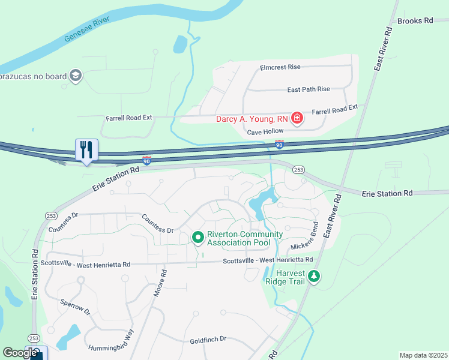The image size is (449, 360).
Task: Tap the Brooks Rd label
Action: pyautogui.click(x=415, y=20)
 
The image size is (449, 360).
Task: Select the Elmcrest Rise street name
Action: pyautogui.click(x=280, y=68)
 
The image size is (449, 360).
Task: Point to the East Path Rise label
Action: pyautogui.click(x=309, y=89)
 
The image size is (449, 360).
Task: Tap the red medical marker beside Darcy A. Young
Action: pyautogui.click(x=297, y=119)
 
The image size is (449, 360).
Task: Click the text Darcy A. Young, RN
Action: pyautogui.click(x=252, y=119)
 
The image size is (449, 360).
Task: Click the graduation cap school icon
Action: pyautogui.click(x=76, y=76)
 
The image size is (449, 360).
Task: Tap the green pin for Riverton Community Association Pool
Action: pyautogui.click(x=197, y=238)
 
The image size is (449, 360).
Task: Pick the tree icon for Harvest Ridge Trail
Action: pyautogui.click(x=314, y=277)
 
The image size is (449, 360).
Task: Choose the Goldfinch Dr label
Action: pyautogui.click(x=208, y=339)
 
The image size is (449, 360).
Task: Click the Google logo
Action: pyautogui.click(x=20, y=353)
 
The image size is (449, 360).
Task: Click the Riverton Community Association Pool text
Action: pyautogui.click(x=244, y=238)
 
